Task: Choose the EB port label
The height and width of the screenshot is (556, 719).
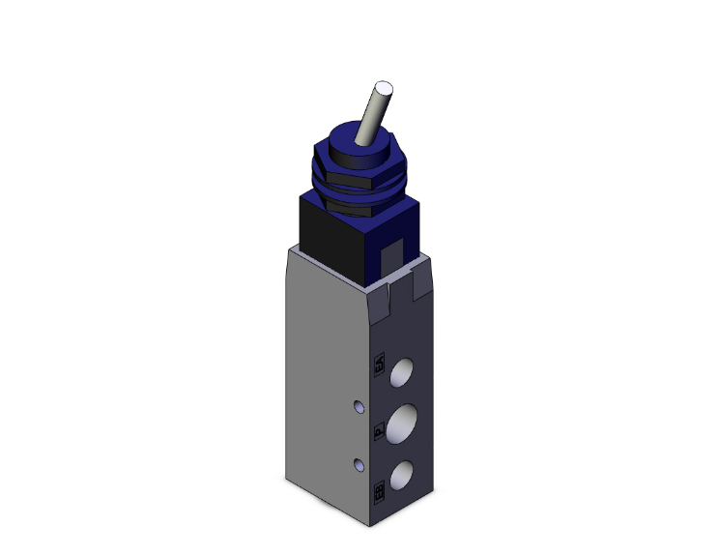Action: (x=378, y=492)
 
